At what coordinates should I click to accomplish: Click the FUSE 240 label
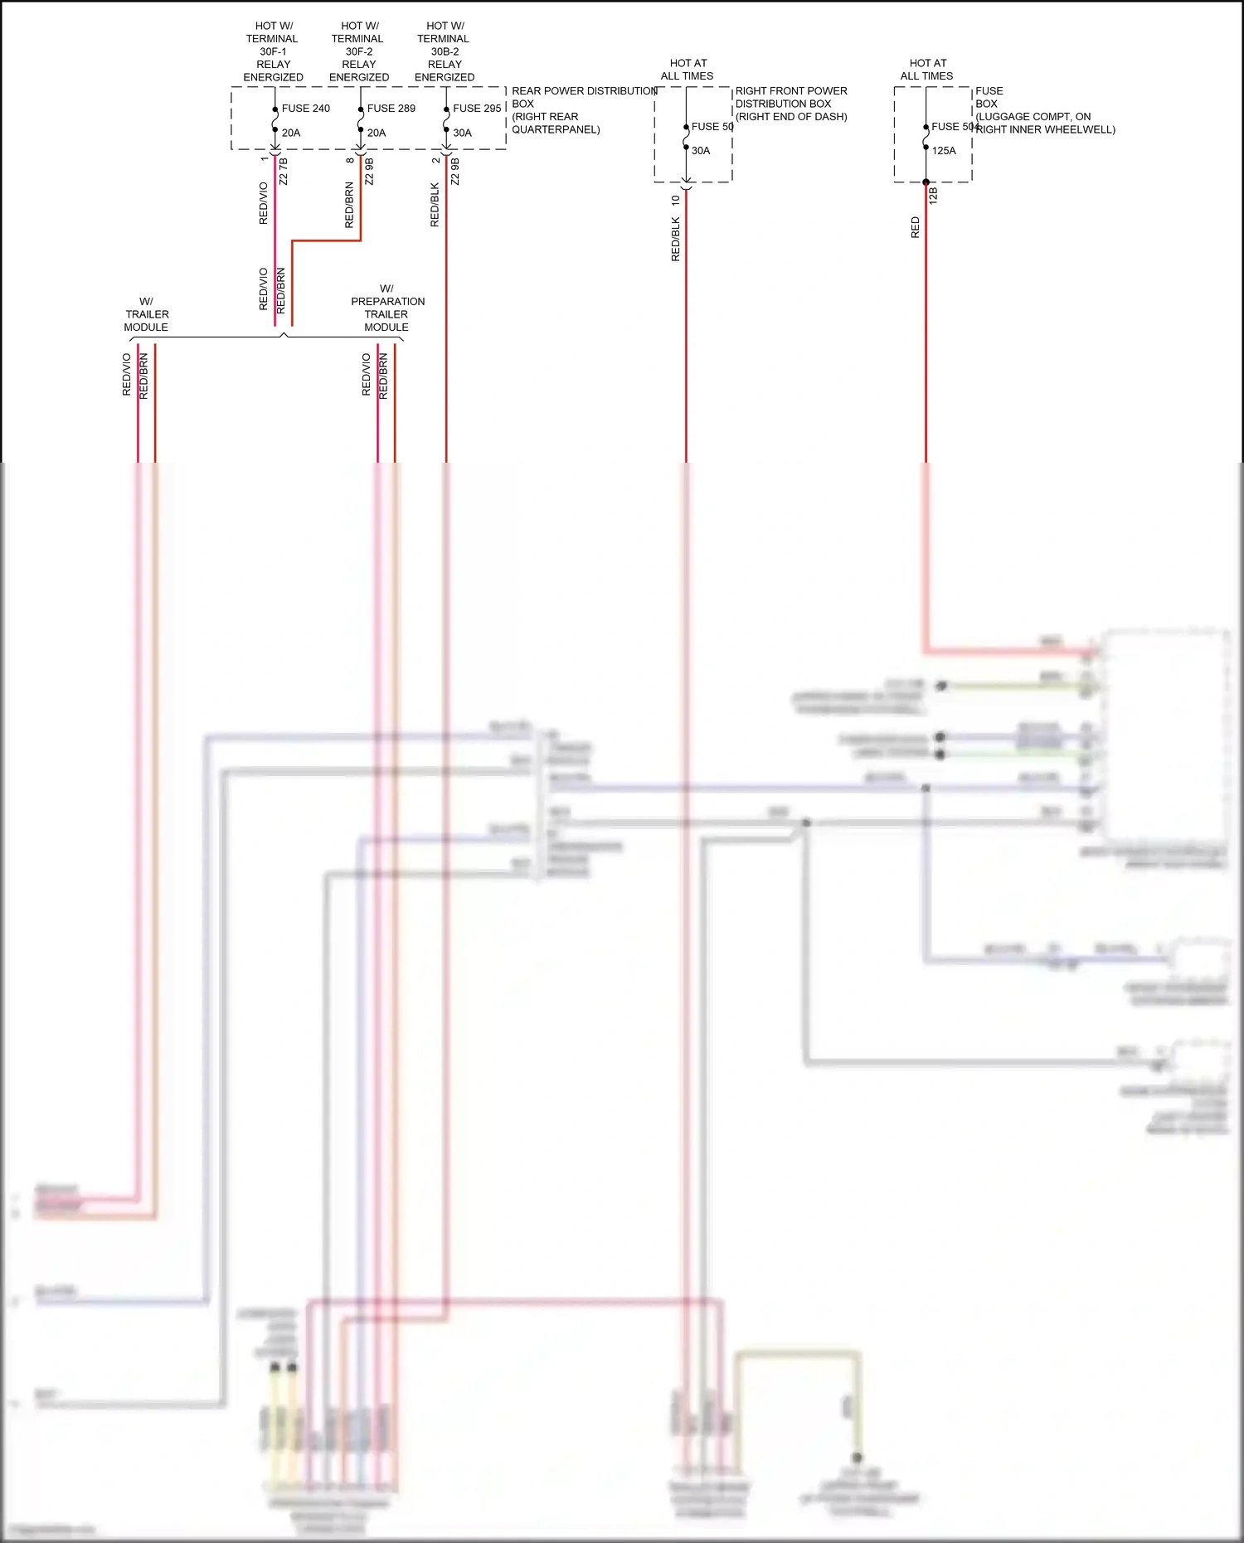[305, 109]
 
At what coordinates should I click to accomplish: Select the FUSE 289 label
[391, 109]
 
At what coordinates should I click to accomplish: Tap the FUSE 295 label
[477, 109]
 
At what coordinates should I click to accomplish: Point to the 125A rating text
[944, 151]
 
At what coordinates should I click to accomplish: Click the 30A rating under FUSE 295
[462, 133]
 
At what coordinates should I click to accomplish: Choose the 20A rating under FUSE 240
[291, 133]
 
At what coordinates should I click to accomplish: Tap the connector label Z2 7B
[284, 172]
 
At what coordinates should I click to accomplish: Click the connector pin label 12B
[933, 196]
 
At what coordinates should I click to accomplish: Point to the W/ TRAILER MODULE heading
[147, 314]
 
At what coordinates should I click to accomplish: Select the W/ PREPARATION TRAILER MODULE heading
[387, 308]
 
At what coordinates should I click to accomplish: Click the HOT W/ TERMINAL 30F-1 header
[273, 51]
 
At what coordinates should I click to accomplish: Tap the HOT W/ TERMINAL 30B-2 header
[445, 51]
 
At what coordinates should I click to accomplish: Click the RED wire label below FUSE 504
[916, 227]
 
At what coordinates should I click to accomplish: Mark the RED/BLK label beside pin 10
[675, 240]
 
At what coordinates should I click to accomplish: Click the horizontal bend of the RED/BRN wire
[326, 241]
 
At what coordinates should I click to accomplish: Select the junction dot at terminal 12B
[926, 182]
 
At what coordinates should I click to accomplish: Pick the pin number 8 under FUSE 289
[350, 160]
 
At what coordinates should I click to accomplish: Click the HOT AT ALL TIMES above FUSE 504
[927, 70]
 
